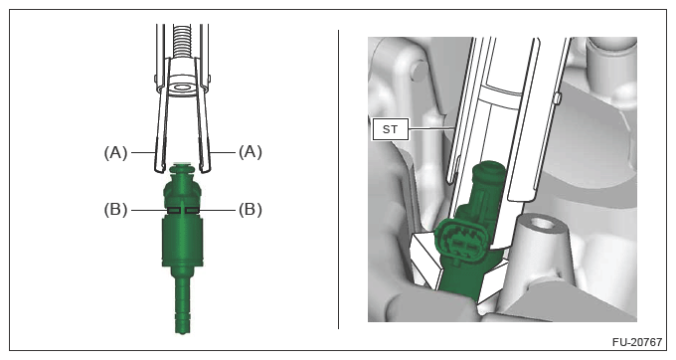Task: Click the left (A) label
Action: (x=115, y=152)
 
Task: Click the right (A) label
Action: (x=251, y=152)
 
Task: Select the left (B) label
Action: (x=115, y=210)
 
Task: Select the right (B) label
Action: (x=251, y=210)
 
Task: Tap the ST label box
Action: (x=390, y=129)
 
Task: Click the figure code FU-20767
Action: (x=637, y=342)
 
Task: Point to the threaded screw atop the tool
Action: (x=182, y=41)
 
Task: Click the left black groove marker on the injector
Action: (x=174, y=210)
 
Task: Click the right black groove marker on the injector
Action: (x=192, y=210)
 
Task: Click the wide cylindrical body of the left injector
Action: (x=182, y=241)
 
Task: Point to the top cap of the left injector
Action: (x=182, y=170)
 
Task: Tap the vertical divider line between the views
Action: (x=338, y=179)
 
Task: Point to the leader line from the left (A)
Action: (x=143, y=152)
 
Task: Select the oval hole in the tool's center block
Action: (x=182, y=89)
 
